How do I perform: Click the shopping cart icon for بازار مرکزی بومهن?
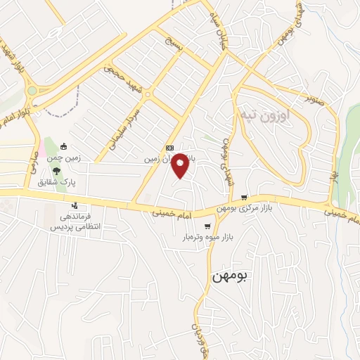tap(244, 197)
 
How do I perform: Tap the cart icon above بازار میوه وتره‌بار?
tap(207, 226)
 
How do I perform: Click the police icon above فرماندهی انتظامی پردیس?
tap(74, 206)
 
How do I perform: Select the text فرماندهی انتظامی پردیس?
tap(74, 222)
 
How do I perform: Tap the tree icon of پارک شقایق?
tap(56, 171)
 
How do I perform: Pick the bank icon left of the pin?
tap(169, 148)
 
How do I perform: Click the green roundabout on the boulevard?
tap(32, 90)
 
